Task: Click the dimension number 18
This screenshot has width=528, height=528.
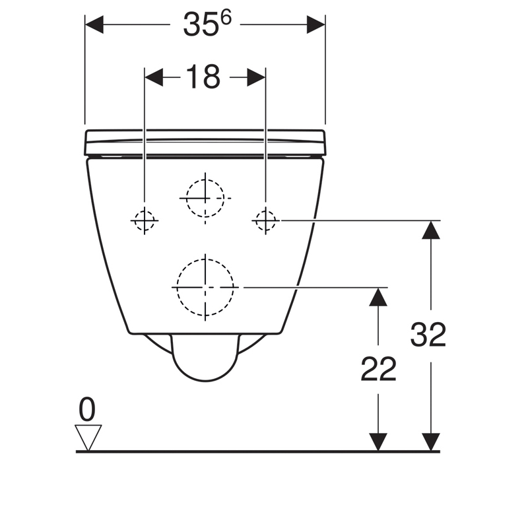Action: pos(203,77)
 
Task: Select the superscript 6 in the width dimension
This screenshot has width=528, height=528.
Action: pos(226,17)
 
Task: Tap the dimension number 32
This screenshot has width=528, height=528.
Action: pos(428,335)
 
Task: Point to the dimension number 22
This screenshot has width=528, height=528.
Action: pos(378,369)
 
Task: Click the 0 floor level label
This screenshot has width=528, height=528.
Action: pos(87,409)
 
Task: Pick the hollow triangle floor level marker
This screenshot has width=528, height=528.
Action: pos(88,438)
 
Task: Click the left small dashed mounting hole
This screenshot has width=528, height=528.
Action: pos(145,220)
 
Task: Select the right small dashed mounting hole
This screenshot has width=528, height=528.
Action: pos(266,220)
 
